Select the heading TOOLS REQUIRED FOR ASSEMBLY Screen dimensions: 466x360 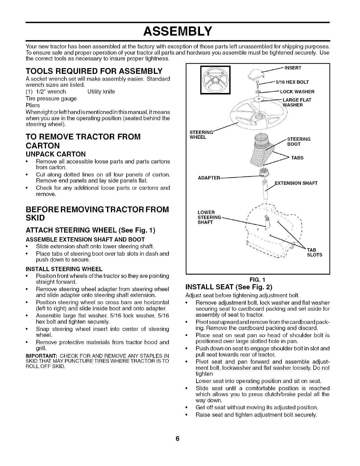pyautogui.click(x=94, y=71)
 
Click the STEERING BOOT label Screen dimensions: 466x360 pyautogui.click(x=298, y=142)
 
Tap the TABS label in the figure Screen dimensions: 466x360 pyautogui.click(x=297, y=158)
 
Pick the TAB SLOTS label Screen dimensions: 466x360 pyautogui.click(x=314, y=252)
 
